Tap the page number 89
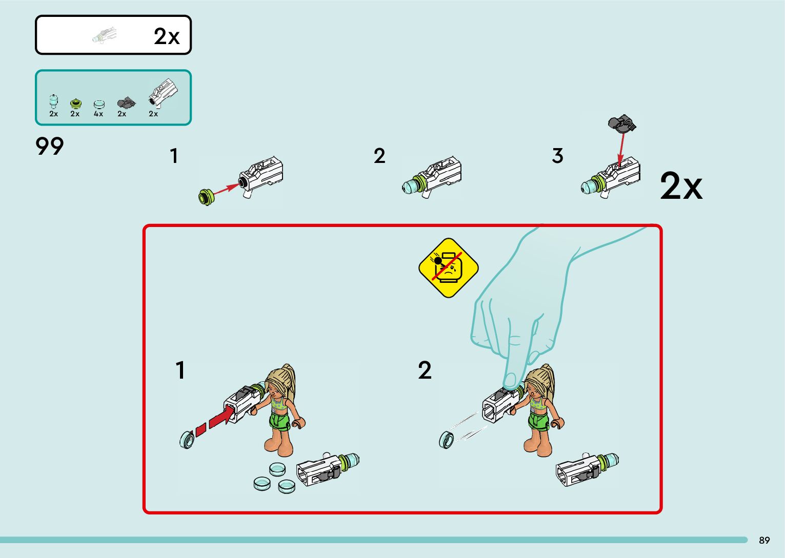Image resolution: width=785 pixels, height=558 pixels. pyautogui.click(x=764, y=540)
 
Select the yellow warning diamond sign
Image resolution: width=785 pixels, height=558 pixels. pyautogui.click(x=449, y=268)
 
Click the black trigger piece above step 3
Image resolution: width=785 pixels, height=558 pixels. pyautogui.click(x=622, y=123)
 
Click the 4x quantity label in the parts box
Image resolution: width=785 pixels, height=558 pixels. pyautogui.click(x=98, y=114)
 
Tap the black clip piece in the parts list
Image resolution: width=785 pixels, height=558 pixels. pyautogui.click(x=126, y=103)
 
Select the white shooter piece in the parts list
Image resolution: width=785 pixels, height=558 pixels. pyautogui.click(x=163, y=93)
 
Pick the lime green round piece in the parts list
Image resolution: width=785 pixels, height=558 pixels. pyautogui.click(x=75, y=104)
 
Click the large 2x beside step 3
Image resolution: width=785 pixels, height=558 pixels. pyautogui.click(x=681, y=185)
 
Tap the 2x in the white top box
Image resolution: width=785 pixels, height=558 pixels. pyautogui.click(x=167, y=36)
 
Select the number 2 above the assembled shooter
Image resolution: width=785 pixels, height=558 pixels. pyautogui.click(x=379, y=156)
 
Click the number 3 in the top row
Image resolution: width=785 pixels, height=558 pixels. pyautogui.click(x=557, y=156)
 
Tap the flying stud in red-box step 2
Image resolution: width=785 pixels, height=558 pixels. pyautogui.click(x=447, y=440)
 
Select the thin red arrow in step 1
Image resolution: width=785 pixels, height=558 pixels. pyautogui.click(x=226, y=189)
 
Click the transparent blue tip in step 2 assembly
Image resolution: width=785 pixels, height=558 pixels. pyautogui.click(x=409, y=187)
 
